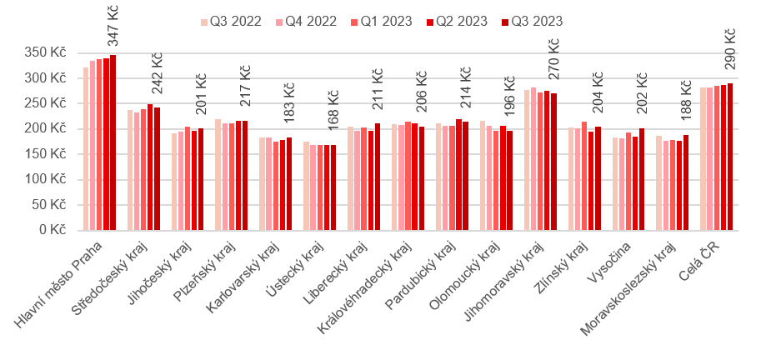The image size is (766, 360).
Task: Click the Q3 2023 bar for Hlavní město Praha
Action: [113, 142]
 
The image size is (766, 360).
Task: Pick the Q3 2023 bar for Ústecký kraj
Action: [333, 187]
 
